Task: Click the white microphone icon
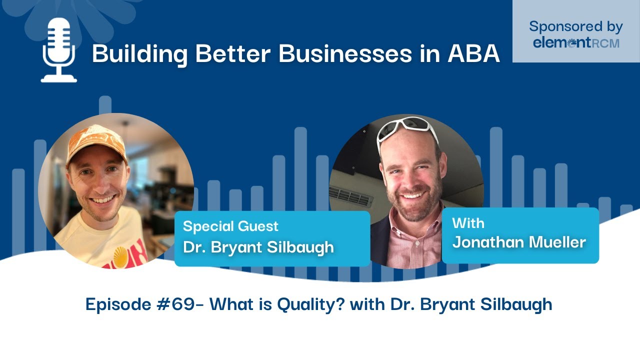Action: coord(58,50)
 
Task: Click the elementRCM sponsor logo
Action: coord(576,43)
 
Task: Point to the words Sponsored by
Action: coord(576,26)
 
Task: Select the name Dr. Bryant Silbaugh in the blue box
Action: coord(258,247)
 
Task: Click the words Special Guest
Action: coord(230,226)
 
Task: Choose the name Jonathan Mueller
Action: coord(518,242)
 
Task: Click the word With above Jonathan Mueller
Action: coord(468,222)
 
